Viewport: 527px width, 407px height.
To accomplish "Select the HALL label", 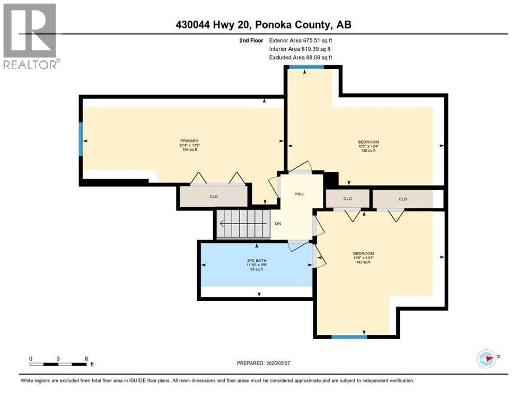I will [x=300, y=194].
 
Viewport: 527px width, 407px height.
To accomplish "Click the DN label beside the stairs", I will [x=277, y=224].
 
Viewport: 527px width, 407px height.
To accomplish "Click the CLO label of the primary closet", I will [x=214, y=197].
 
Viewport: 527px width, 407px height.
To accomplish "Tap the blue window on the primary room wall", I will [x=81, y=139].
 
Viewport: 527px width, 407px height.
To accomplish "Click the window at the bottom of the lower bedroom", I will [x=349, y=336].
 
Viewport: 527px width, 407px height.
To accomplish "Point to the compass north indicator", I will [x=486, y=358].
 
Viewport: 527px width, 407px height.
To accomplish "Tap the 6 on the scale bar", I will [x=86, y=358].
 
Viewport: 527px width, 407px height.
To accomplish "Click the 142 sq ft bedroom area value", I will [x=364, y=262].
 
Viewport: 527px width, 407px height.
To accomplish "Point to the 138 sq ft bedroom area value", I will [x=368, y=151].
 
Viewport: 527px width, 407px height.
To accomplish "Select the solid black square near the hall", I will [x=330, y=180].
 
